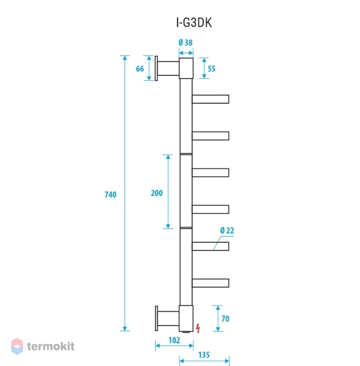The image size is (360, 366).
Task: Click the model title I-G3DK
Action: [x=194, y=23]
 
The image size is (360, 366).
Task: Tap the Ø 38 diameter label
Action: [x=185, y=42]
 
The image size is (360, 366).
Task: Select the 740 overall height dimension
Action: [x=110, y=194]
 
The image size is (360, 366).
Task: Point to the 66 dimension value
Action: [x=140, y=68]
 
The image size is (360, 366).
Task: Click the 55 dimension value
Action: [x=211, y=68]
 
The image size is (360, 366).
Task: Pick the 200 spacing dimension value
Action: [x=157, y=193]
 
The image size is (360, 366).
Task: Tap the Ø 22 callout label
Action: [x=227, y=230]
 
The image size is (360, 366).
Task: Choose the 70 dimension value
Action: [x=225, y=319]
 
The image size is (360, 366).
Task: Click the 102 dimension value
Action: [x=174, y=340]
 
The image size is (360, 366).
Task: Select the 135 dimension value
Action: [x=204, y=355]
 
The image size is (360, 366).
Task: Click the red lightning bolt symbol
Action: [x=198, y=328]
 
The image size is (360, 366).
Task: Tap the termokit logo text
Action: [x=51, y=346]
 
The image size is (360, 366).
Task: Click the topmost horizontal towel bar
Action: [x=210, y=99]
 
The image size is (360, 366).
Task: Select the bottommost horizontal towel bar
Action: [x=210, y=283]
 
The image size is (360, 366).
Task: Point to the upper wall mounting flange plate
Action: [x=156, y=68]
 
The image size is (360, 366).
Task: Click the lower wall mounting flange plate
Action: [x=156, y=318]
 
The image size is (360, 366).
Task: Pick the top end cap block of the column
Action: [x=186, y=68]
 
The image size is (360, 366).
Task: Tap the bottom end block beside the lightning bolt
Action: [x=186, y=318]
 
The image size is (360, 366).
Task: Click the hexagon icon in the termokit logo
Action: [x=17, y=347]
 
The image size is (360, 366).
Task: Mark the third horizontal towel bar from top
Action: [x=210, y=173]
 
